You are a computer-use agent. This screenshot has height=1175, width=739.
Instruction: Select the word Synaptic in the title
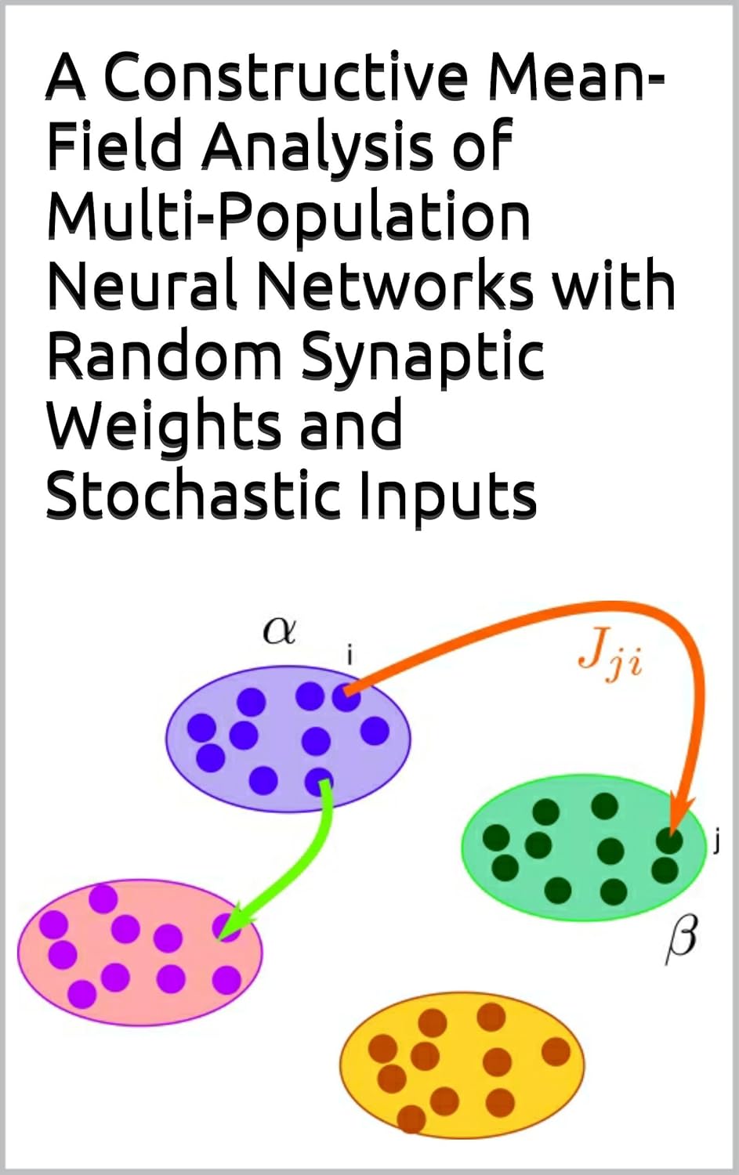(x=422, y=356)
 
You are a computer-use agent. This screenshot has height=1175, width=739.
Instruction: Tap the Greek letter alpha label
(x=279, y=630)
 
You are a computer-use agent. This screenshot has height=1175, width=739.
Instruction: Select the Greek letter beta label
(x=680, y=938)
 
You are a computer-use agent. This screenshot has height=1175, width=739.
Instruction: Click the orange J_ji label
(x=610, y=653)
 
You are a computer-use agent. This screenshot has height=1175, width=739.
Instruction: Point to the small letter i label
(x=350, y=655)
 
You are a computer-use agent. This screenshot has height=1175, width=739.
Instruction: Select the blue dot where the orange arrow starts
(x=346, y=697)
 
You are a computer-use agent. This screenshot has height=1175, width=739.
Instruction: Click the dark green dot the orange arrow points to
(x=669, y=841)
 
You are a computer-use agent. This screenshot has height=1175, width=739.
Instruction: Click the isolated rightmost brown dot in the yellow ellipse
(x=556, y=1051)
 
